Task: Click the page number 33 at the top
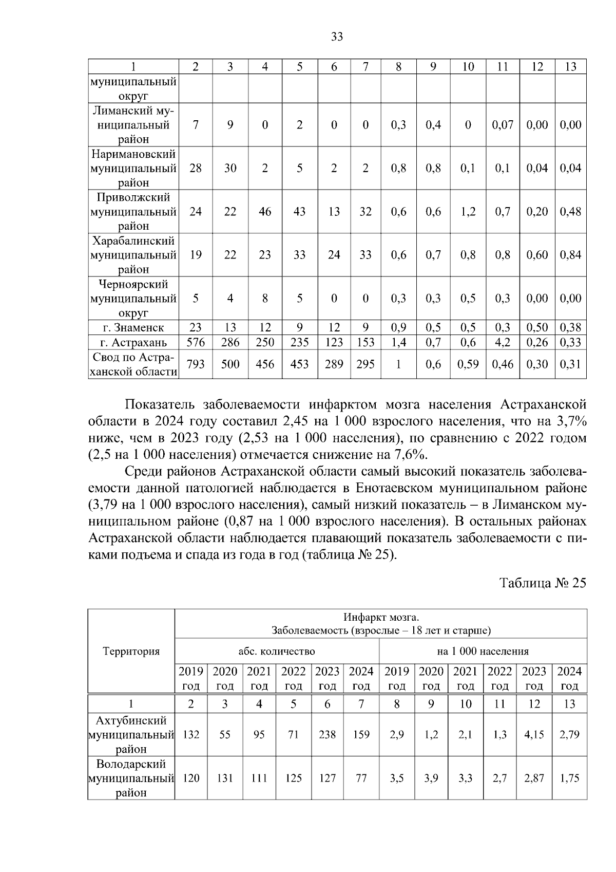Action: pos(337,37)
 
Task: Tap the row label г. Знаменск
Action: pos(133,327)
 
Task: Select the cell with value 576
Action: pos(196,342)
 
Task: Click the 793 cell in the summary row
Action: pos(196,364)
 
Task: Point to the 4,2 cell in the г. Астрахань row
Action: pos(503,342)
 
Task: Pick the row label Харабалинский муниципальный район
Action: pos(133,255)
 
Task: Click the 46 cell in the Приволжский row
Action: pos(265,212)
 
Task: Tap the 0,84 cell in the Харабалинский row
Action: pos(570,255)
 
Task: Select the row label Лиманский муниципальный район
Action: pos(133,125)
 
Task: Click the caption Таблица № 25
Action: pos(543,583)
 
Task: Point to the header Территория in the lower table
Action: pos(131,652)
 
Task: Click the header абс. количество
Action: pos(277,652)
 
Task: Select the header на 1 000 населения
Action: pos(483,652)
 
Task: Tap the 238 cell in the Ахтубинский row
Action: pos(328,735)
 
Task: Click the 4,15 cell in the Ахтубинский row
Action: pos(534,735)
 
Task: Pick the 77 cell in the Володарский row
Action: pos(361,778)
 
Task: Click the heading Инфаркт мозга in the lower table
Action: pos(381,617)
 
